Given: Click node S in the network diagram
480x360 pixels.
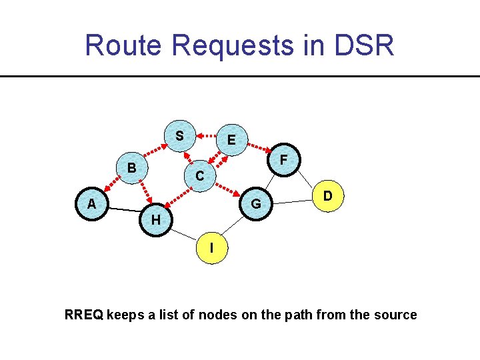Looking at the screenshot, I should [179, 136].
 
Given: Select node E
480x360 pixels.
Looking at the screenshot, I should [231, 140].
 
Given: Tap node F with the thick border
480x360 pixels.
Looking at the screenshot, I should [284, 160].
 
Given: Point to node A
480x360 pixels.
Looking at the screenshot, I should [91, 204].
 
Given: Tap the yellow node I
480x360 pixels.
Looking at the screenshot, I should [211, 248].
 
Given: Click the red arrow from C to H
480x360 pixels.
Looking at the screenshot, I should [177, 198].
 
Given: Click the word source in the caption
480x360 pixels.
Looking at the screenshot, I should [396, 315].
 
